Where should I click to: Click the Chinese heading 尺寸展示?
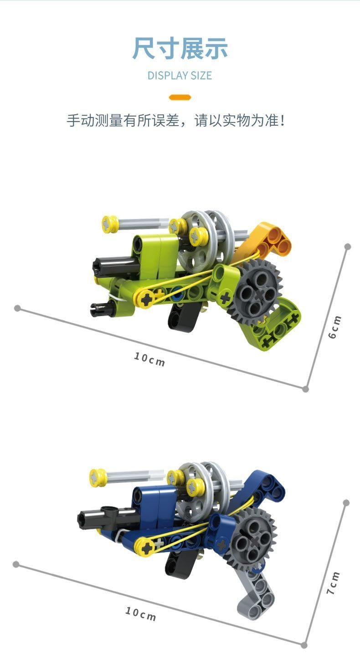[x=180, y=48]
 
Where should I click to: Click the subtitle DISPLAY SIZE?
[x=180, y=75]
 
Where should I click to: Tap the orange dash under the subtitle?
[x=180, y=97]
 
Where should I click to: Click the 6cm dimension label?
[x=334, y=327]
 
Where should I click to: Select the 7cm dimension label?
[x=333, y=583]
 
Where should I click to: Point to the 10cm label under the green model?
[x=149, y=359]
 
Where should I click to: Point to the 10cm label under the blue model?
[x=141, y=614]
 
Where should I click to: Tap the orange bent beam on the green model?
[x=269, y=239]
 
